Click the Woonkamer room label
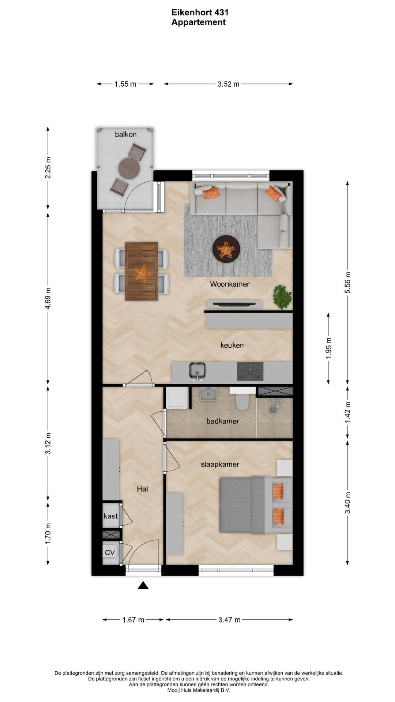coord(230,284)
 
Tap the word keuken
coord(232,345)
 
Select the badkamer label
coord(222,421)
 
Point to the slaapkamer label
coord(220,464)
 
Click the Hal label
coord(142,489)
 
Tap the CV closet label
coord(110,552)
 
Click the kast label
coord(110,516)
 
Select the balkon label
coord(125,135)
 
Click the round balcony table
coord(129,168)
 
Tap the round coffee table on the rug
coord(226,249)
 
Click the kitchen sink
coord(197,371)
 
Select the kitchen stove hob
coord(250,371)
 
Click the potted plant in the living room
coord(282,297)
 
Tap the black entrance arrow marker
coord(143,585)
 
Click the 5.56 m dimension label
coord(348,282)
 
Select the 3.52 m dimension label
coord(229,84)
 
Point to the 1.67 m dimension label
coord(133,620)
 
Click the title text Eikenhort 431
coord(200,12)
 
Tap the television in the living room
coord(234,303)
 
